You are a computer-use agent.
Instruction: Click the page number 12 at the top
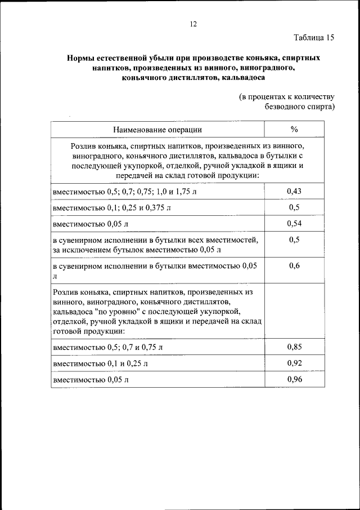point(193,24)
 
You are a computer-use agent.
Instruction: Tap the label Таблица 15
point(314,38)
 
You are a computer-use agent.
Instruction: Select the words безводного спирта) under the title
point(300,107)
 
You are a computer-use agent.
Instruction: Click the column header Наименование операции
point(157,130)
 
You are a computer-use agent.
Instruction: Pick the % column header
point(294,130)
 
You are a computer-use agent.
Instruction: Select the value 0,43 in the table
point(294,192)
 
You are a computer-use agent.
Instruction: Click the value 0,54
point(294,224)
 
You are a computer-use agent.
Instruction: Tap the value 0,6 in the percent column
point(294,266)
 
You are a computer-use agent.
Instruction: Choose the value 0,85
point(294,347)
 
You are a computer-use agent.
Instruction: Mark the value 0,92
point(294,363)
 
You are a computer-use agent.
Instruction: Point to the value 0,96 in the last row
point(294,379)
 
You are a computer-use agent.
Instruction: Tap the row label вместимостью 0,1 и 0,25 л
point(100,363)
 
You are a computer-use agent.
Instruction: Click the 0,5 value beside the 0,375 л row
point(294,208)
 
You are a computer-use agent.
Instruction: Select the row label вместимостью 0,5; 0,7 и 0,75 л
point(107,347)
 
